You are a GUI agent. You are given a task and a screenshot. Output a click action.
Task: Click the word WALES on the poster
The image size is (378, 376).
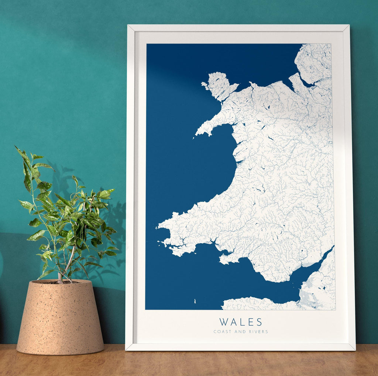[241, 322]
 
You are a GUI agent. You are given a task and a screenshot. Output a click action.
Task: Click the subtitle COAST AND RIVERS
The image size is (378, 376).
[241, 332]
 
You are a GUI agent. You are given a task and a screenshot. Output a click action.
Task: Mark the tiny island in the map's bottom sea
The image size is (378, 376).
[195, 302]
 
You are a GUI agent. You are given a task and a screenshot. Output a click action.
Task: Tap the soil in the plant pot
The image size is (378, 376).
[61, 282]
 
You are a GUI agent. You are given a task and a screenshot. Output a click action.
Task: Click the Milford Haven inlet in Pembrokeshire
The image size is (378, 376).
[177, 245]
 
